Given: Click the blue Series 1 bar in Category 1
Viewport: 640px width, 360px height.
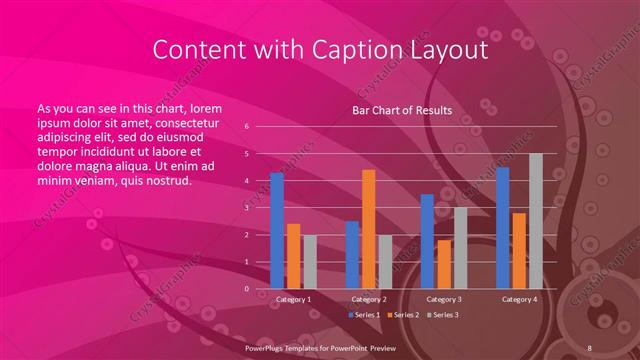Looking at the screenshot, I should pyautogui.click(x=277, y=231).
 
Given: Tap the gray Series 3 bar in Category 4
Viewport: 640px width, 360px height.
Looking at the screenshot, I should pyautogui.click(x=535, y=221).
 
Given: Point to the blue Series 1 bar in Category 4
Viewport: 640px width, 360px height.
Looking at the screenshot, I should pyautogui.click(x=503, y=228).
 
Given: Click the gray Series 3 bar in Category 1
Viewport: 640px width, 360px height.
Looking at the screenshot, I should pyautogui.click(x=310, y=262).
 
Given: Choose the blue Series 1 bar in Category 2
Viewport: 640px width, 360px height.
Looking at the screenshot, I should pyautogui.click(x=352, y=255).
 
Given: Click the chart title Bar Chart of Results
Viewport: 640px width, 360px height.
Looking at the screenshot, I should pyautogui.click(x=401, y=110).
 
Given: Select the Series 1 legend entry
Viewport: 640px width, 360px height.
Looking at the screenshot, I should pyautogui.click(x=366, y=315).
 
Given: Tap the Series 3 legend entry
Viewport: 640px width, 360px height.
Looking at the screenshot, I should pyautogui.click(x=443, y=315).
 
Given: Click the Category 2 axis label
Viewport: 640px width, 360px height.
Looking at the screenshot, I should pyautogui.click(x=368, y=299).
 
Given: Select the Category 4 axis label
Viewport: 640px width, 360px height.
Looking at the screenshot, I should pyautogui.click(x=519, y=299).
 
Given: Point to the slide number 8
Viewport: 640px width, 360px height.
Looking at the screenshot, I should pyautogui.click(x=591, y=345).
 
